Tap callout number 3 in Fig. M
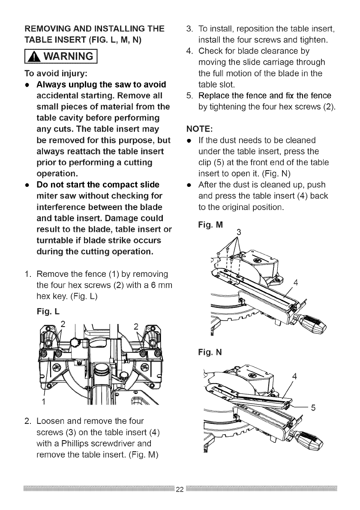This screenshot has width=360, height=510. click(239, 233)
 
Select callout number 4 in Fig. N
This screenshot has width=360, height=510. click(294, 378)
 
